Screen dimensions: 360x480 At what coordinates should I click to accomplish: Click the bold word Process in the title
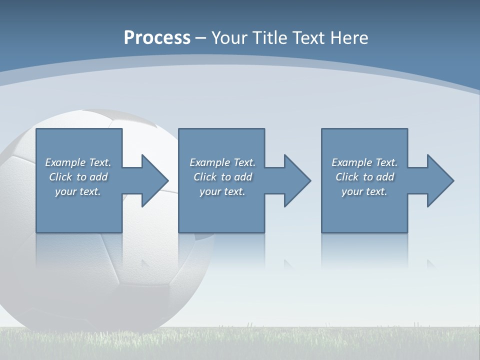[x=157, y=38]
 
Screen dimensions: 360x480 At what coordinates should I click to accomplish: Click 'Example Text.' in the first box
[x=78, y=162]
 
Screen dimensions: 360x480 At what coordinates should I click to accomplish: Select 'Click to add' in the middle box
[x=222, y=177]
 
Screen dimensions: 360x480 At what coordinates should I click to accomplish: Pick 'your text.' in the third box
[x=364, y=191]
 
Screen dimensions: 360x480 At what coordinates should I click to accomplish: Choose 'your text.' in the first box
[x=78, y=191]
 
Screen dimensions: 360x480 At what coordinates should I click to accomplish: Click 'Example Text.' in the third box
[x=364, y=162]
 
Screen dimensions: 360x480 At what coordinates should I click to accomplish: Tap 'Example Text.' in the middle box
[x=222, y=162]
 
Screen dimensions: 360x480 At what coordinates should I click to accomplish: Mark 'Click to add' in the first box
[x=78, y=177]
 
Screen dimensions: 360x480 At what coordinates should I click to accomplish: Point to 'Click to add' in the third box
[x=364, y=177]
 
